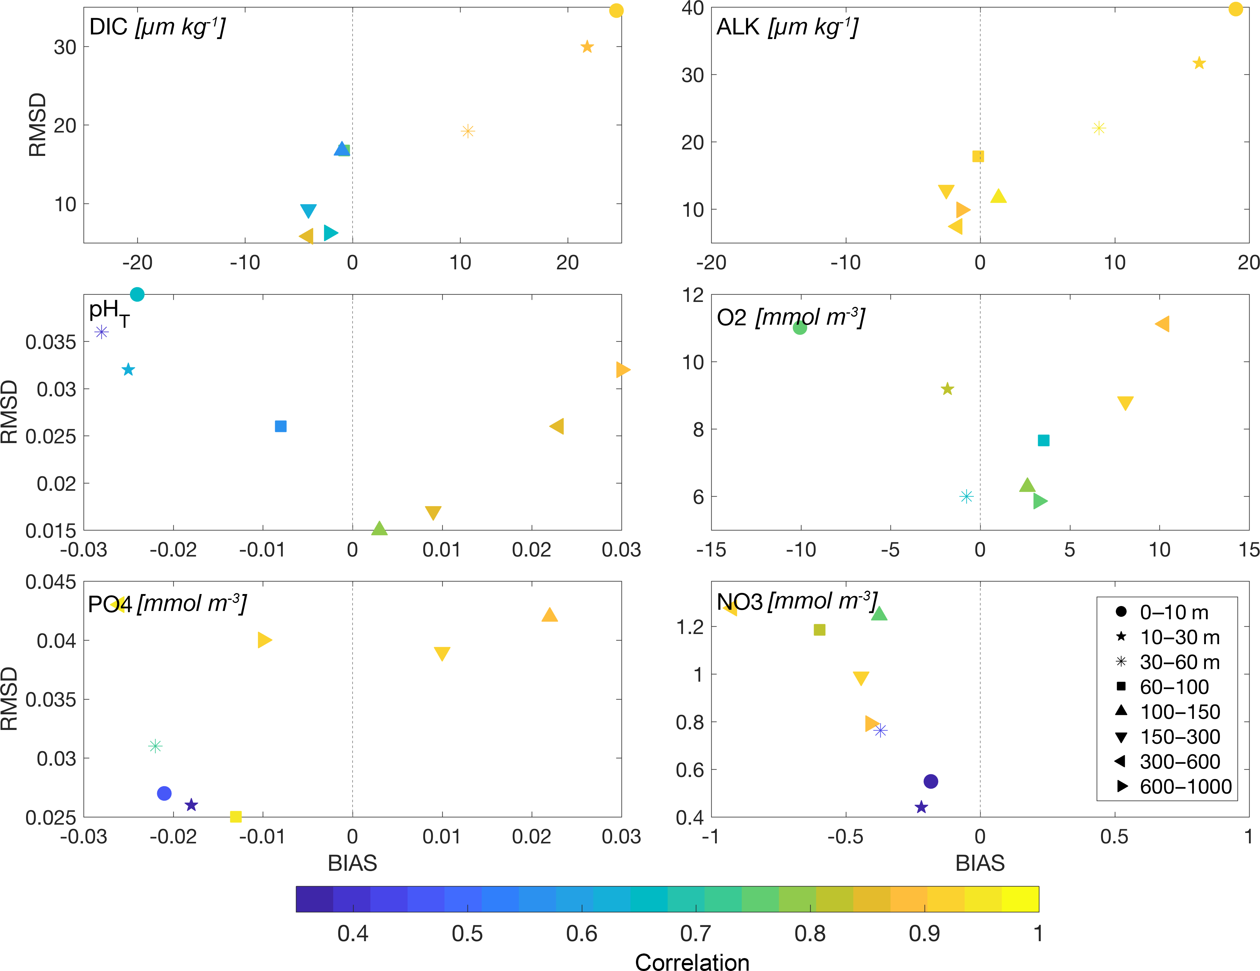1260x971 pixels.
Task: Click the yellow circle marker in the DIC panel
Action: click(616, 10)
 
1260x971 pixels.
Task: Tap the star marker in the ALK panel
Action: click(1199, 63)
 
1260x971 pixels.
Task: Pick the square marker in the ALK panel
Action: click(978, 157)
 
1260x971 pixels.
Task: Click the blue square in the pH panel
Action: click(281, 426)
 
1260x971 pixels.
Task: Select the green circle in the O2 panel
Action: click(800, 328)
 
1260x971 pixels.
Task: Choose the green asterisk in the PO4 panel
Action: click(155, 746)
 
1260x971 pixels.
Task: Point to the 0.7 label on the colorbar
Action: click(696, 933)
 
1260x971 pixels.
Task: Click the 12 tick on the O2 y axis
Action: click(693, 295)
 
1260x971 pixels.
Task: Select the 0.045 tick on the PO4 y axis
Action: click(51, 581)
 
